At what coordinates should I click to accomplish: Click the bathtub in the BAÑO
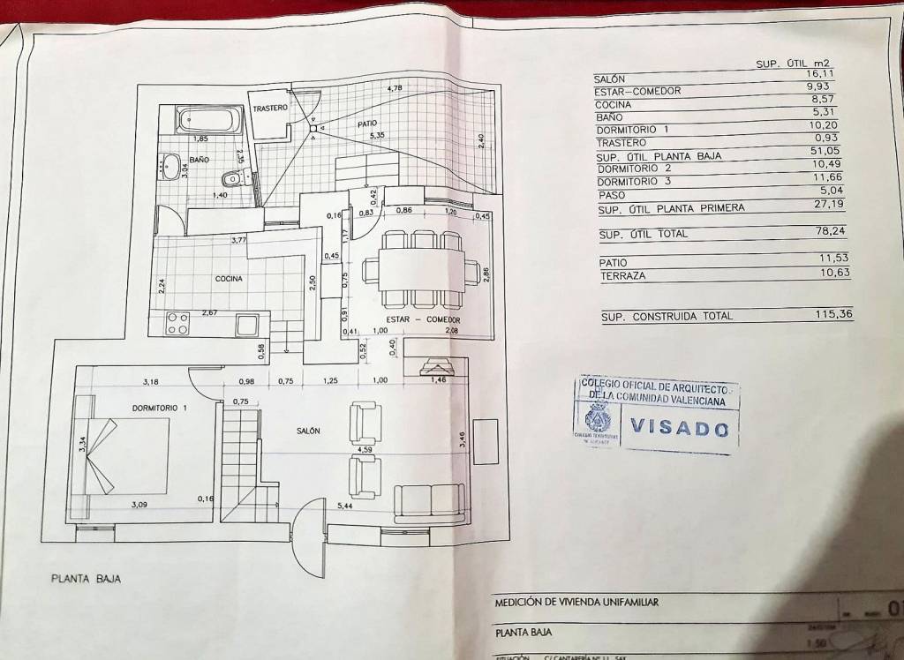[209, 120]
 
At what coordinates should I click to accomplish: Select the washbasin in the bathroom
[169, 163]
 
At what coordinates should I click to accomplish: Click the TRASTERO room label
[269, 108]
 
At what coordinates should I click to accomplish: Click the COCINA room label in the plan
[229, 279]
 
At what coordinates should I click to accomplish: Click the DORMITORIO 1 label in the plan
[160, 408]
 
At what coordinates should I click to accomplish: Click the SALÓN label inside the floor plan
[307, 430]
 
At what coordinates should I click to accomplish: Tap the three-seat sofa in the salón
[429, 502]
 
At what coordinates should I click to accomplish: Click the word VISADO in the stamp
[680, 429]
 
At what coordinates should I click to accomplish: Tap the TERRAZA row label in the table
[622, 276]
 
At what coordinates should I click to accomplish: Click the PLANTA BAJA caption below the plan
[85, 579]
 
